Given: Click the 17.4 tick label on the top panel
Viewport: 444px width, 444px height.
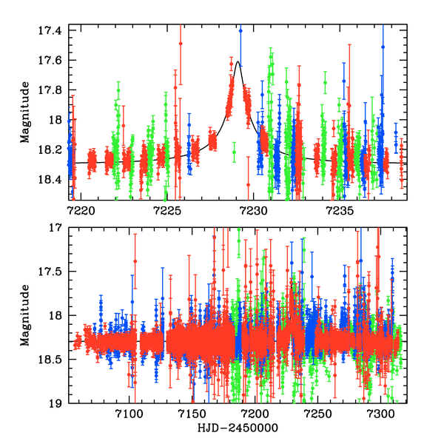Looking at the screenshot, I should (53, 30).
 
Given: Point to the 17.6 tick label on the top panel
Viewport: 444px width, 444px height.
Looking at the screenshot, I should (53, 60).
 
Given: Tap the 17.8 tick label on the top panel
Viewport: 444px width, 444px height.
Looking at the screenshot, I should (53, 90).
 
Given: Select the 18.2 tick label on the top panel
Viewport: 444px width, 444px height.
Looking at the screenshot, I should (53, 150).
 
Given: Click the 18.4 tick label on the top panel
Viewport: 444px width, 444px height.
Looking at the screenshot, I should (53, 180).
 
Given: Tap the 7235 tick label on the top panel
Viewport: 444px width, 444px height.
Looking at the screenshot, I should (338, 209).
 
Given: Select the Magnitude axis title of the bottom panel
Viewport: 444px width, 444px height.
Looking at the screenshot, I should (25, 316).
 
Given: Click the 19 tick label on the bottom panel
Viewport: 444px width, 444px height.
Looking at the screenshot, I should (58, 403).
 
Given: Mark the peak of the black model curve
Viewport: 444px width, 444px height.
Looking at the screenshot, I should (237, 62).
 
